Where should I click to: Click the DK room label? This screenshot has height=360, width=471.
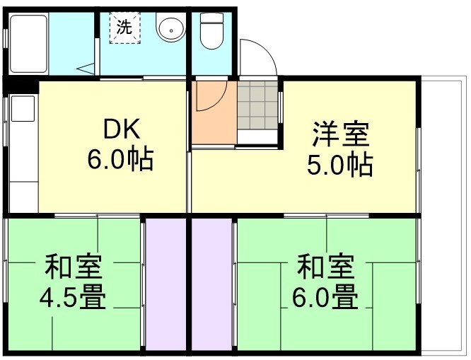click(x=122, y=131)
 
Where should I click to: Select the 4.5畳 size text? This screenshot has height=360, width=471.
click(x=73, y=298)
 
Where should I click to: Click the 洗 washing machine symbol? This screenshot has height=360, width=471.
click(x=124, y=28)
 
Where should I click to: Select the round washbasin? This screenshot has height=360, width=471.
click(x=170, y=30)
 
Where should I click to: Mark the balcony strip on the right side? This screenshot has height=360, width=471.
click(x=442, y=212)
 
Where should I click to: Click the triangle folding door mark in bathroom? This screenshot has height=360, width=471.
click(x=86, y=68)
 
